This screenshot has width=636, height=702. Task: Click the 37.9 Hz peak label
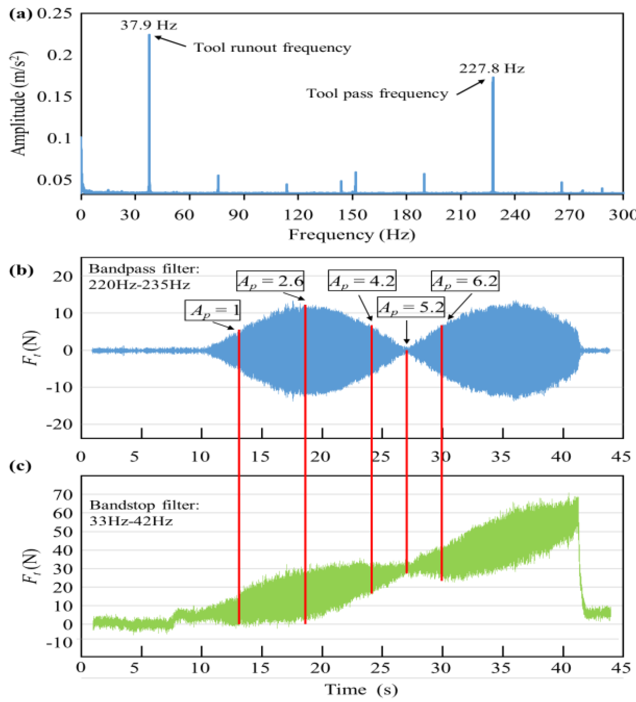149,25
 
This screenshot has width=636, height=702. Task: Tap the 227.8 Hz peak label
491,69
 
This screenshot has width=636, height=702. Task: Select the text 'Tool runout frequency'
272,48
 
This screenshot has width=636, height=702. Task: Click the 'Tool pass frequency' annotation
377,93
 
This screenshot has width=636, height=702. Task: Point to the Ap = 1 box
213,310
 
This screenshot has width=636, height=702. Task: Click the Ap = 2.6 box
270,281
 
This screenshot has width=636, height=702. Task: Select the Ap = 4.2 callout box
362,280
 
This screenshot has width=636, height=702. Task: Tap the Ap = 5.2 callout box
411,307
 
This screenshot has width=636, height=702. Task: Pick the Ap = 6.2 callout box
465,281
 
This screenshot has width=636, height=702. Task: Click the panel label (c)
20,466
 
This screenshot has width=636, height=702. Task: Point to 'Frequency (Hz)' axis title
352,234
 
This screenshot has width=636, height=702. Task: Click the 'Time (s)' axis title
361,689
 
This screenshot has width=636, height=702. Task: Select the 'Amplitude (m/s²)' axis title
18,103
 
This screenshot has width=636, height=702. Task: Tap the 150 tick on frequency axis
353,215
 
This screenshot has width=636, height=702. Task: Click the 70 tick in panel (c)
63,495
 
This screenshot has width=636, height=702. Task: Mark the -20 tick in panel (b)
60,424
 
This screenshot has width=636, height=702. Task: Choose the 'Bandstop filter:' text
145,505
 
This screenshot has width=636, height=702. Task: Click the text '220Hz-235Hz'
139,285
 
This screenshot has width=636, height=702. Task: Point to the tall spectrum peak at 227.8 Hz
493,134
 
